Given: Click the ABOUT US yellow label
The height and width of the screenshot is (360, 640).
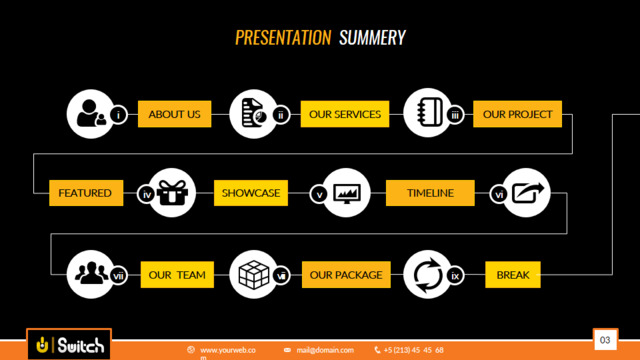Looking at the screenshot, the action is (175, 114).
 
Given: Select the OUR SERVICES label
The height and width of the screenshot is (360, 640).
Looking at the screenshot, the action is (345, 114).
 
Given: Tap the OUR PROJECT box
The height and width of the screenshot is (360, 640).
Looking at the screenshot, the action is (518, 114).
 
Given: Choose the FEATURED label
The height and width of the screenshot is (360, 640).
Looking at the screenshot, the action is (86, 193).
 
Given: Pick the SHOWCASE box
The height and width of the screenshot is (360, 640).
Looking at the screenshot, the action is (251, 193).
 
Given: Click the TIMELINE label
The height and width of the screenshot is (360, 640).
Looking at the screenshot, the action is (430, 193).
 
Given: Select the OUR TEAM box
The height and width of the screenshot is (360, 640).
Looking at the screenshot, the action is (177, 275).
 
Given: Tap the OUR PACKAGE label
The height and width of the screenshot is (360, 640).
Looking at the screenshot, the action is (346, 275).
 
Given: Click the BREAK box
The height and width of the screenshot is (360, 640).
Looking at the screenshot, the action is (513, 275).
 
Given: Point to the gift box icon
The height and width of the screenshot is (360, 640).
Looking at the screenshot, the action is (172, 192).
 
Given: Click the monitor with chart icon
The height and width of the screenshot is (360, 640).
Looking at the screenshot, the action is (347, 193).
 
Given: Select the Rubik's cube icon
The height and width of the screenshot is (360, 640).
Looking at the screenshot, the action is (253, 275).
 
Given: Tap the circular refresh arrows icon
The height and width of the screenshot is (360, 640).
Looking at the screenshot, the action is (428, 275).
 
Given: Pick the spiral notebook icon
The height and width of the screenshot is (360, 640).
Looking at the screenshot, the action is (429, 112).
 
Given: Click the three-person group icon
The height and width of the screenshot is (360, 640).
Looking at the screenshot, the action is (91, 273).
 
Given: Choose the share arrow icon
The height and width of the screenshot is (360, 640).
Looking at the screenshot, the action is (528, 193).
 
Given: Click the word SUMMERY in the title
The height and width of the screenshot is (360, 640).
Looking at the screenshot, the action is (372, 38).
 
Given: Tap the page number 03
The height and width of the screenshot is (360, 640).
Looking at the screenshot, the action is (605, 340).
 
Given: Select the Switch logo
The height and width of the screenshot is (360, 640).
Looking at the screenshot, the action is (69, 345).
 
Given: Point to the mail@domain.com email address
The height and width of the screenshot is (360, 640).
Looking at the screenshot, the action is (325, 350).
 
